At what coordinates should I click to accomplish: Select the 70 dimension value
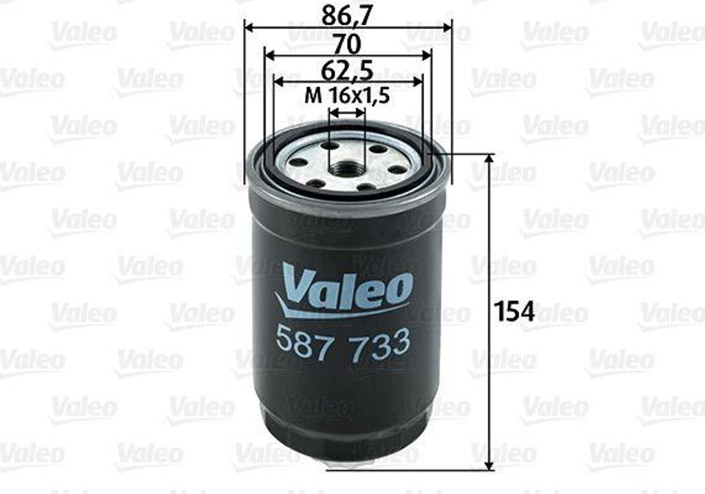click(x=348, y=44)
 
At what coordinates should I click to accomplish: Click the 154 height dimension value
click(x=515, y=311)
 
